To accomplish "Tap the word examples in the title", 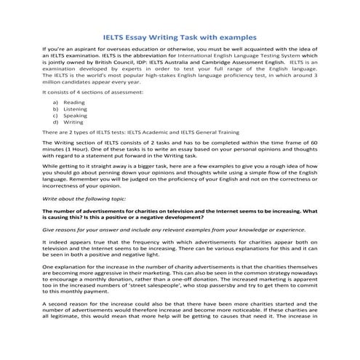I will (238, 37).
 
